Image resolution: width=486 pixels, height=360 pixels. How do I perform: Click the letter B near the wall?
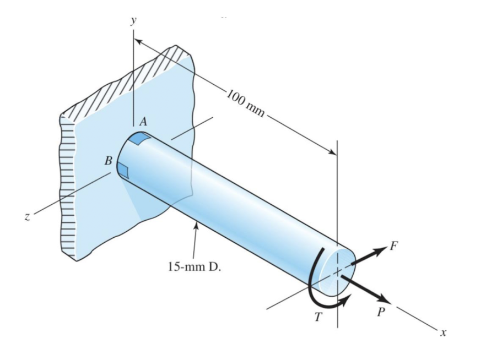click(x=109, y=161)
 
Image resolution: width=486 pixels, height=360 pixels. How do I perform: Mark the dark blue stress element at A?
click(x=139, y=140)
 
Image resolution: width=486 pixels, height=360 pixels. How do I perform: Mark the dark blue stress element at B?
click(x=123, y=172)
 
